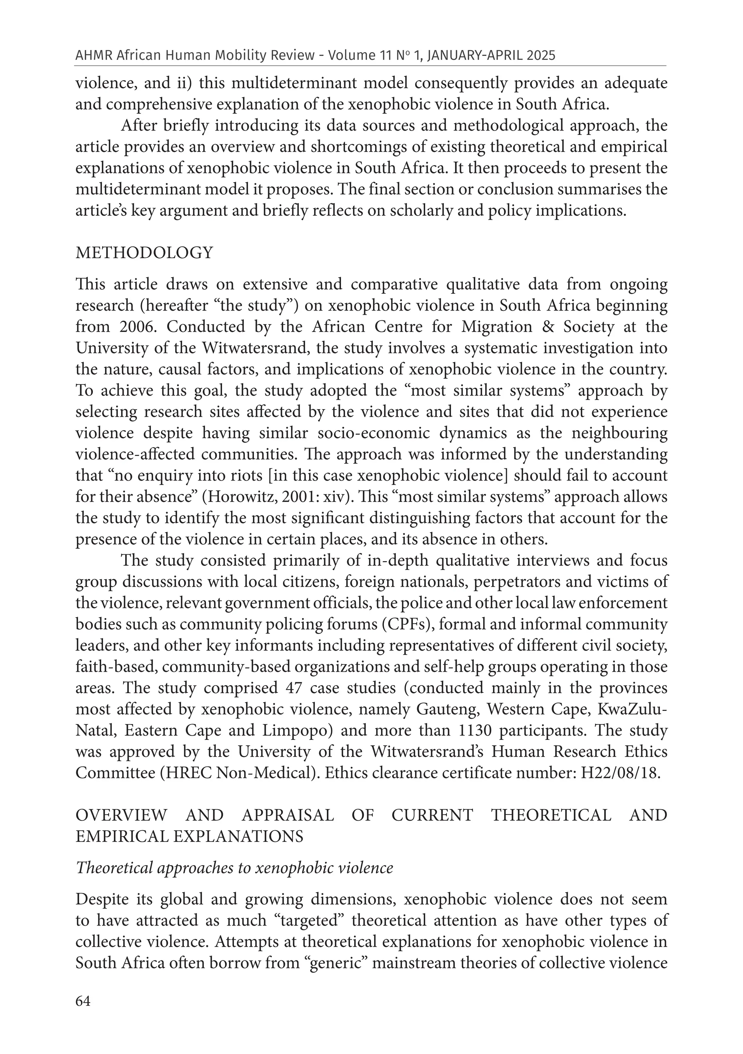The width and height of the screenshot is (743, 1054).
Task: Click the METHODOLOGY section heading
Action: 144,253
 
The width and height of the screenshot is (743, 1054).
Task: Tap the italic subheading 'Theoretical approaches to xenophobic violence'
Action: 234,868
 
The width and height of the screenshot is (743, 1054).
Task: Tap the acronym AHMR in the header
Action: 93,55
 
